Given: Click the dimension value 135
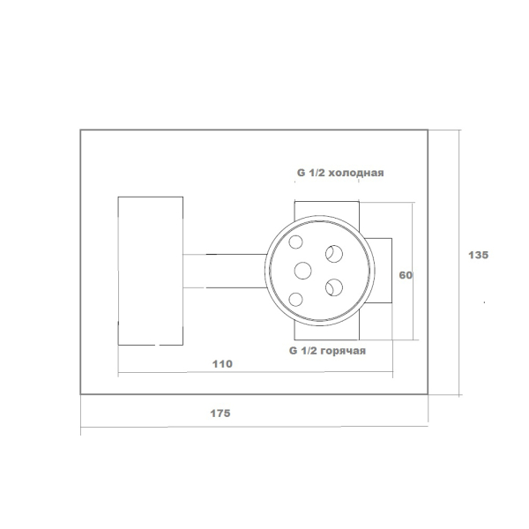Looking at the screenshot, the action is point(478,255).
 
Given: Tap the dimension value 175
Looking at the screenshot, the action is point(220,414).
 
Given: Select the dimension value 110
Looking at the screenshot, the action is point(222,364).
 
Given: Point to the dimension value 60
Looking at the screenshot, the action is point(406,275).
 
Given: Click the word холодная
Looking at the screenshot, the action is point(356,173).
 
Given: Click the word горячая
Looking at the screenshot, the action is point(342,351).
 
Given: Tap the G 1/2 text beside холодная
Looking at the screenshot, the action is point(310,173).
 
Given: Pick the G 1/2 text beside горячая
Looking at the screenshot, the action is point(303,351).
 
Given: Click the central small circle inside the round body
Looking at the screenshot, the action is point(302,271).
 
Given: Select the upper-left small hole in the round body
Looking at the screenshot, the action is point(295,242).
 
